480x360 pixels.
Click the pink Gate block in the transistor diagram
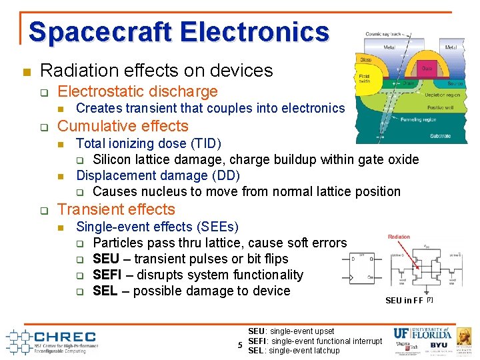click(425, 68)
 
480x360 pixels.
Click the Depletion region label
click(442, 95)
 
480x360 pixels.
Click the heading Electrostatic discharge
click(138, 91)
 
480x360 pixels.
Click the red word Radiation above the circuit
click(399, 237)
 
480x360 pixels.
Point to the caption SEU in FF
click(405, 301)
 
